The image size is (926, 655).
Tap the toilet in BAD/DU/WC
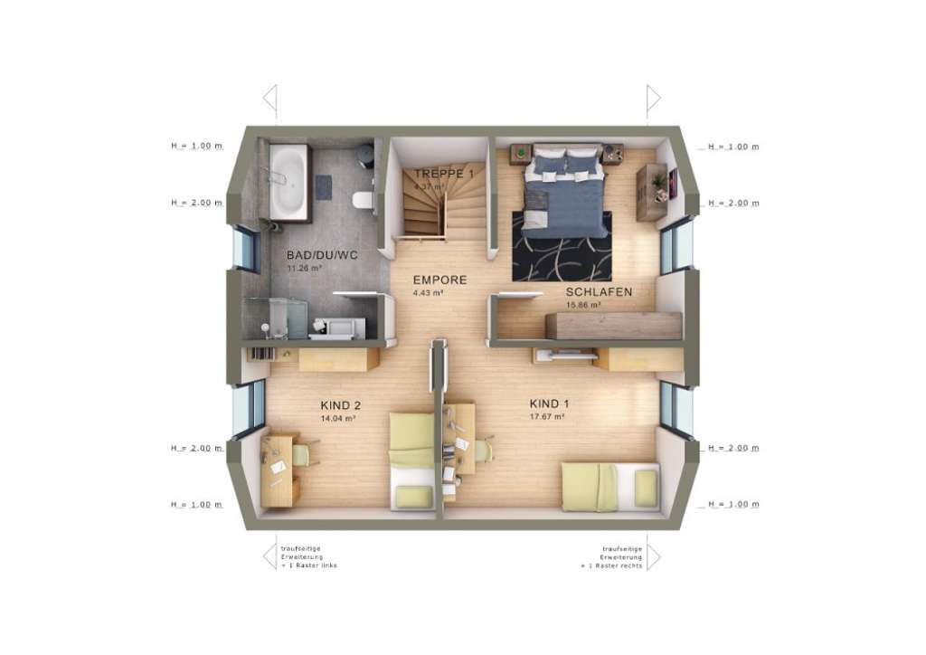364,199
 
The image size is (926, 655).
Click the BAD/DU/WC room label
322,255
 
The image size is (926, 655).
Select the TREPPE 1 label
443,173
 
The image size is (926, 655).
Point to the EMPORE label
439,280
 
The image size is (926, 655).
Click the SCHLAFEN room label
599,292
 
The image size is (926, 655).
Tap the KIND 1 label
549,403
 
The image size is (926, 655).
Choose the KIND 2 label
341,405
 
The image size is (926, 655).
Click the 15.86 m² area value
583,306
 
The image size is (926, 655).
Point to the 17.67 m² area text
547,417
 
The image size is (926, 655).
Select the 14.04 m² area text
336,419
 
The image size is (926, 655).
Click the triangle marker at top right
653,97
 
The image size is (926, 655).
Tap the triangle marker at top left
269,97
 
